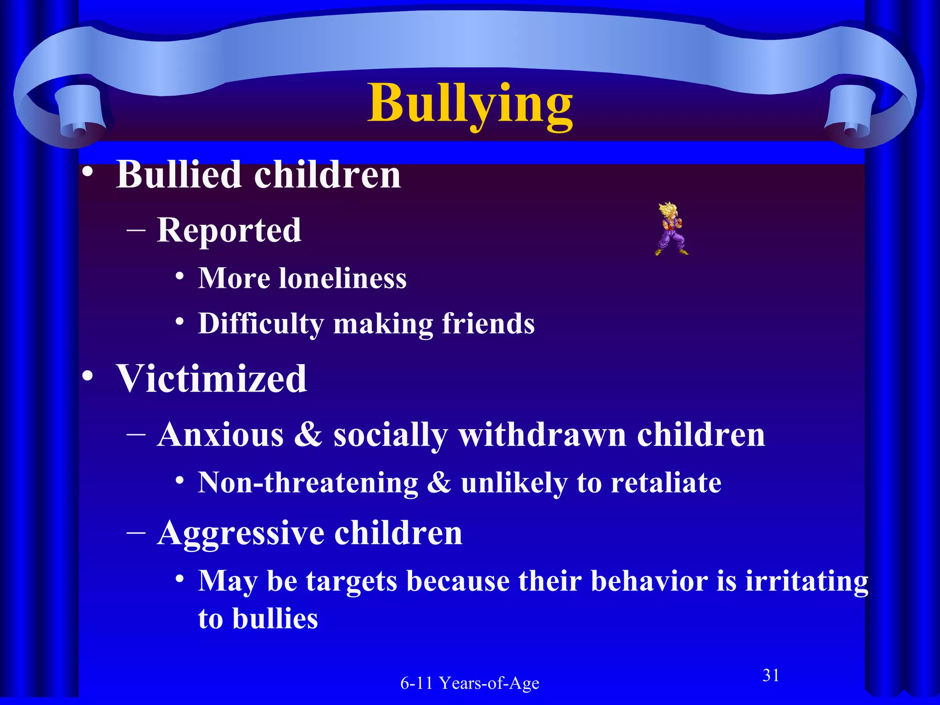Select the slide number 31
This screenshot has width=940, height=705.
pos(771,676)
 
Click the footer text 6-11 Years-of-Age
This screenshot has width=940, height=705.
pos(470,683)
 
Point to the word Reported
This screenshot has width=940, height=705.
pos(229,230)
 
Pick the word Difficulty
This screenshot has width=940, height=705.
pos(261,324)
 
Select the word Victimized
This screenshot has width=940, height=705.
pos(212,379)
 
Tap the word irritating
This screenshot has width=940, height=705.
pos(806,581)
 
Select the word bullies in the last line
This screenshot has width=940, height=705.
pos(275,619)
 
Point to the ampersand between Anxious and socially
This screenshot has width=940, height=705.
pos(308,435)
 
